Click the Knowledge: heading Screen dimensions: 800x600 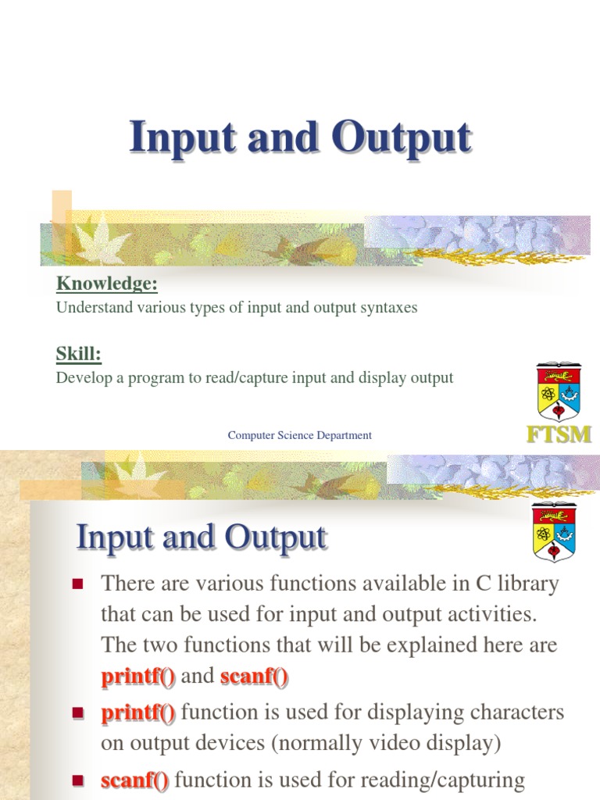click(x=107, y=283)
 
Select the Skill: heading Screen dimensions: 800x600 click(x=79, y=354)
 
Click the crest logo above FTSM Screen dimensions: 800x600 click(x=559, y=391)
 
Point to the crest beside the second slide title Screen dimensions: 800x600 click(x=553, y=531)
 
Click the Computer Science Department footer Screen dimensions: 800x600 click(x=300, y=435)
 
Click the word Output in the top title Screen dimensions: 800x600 click(x=402, y=138)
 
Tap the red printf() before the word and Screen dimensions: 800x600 click(x=138, y=677)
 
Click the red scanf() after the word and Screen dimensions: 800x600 click(x=255, y=677)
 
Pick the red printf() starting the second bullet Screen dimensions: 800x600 click(x=138, y=712)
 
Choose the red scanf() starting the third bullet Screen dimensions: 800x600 click(x=135, y=780)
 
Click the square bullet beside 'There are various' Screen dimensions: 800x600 click(x=77, y=584)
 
